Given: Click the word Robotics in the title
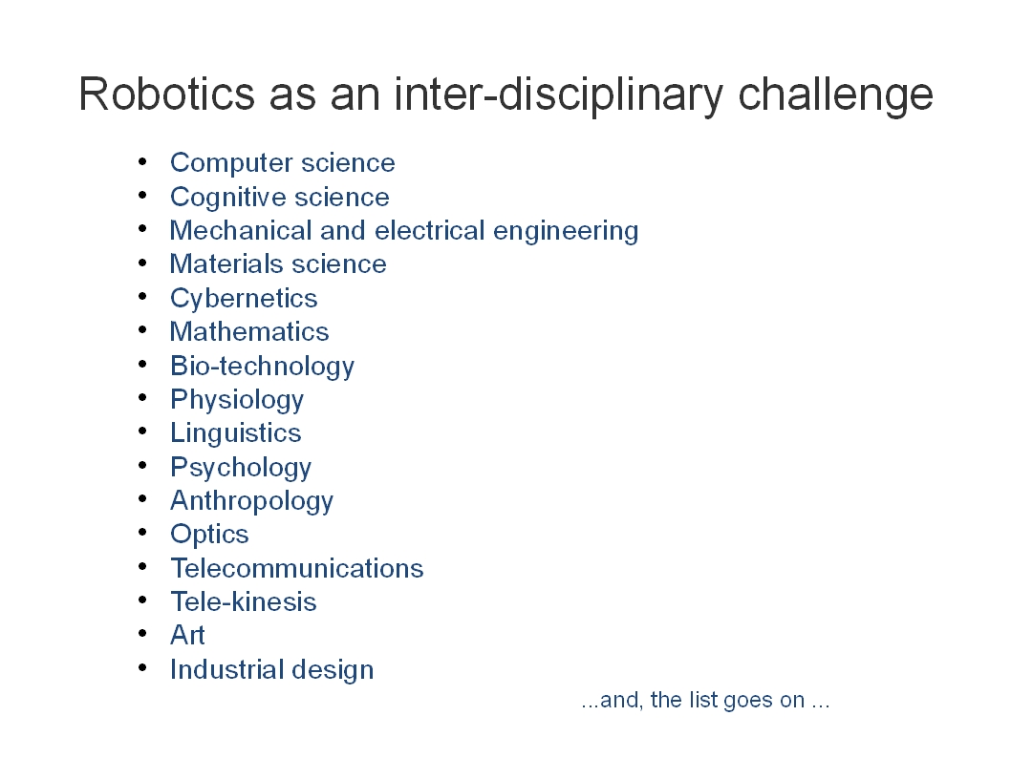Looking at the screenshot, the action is click(166, 94).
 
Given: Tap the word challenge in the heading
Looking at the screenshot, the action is click(835, 96).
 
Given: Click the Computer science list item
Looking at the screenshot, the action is click(283, 163).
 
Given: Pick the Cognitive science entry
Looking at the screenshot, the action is click(280, 197).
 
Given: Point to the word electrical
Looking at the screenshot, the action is click(429, 230).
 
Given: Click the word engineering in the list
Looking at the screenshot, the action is click(566, 232).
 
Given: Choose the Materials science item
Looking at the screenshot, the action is click(278, 264).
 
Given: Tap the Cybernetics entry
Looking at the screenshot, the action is click(244, 299).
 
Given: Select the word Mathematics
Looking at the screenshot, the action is click(248, 331).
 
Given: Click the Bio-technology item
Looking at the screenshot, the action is click(262, 367).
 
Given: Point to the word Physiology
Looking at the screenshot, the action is click(237, 400).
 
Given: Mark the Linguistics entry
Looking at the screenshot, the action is click(235, 433).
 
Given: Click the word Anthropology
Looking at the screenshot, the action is click(251, 501).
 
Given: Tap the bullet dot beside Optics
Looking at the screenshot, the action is click(143, 533).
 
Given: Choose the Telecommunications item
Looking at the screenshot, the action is click(296, 568).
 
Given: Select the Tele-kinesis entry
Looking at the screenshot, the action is click(243, 601).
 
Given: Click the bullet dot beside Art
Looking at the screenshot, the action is click(143, 634).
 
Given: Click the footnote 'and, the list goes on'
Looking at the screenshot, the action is click(704, 700).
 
